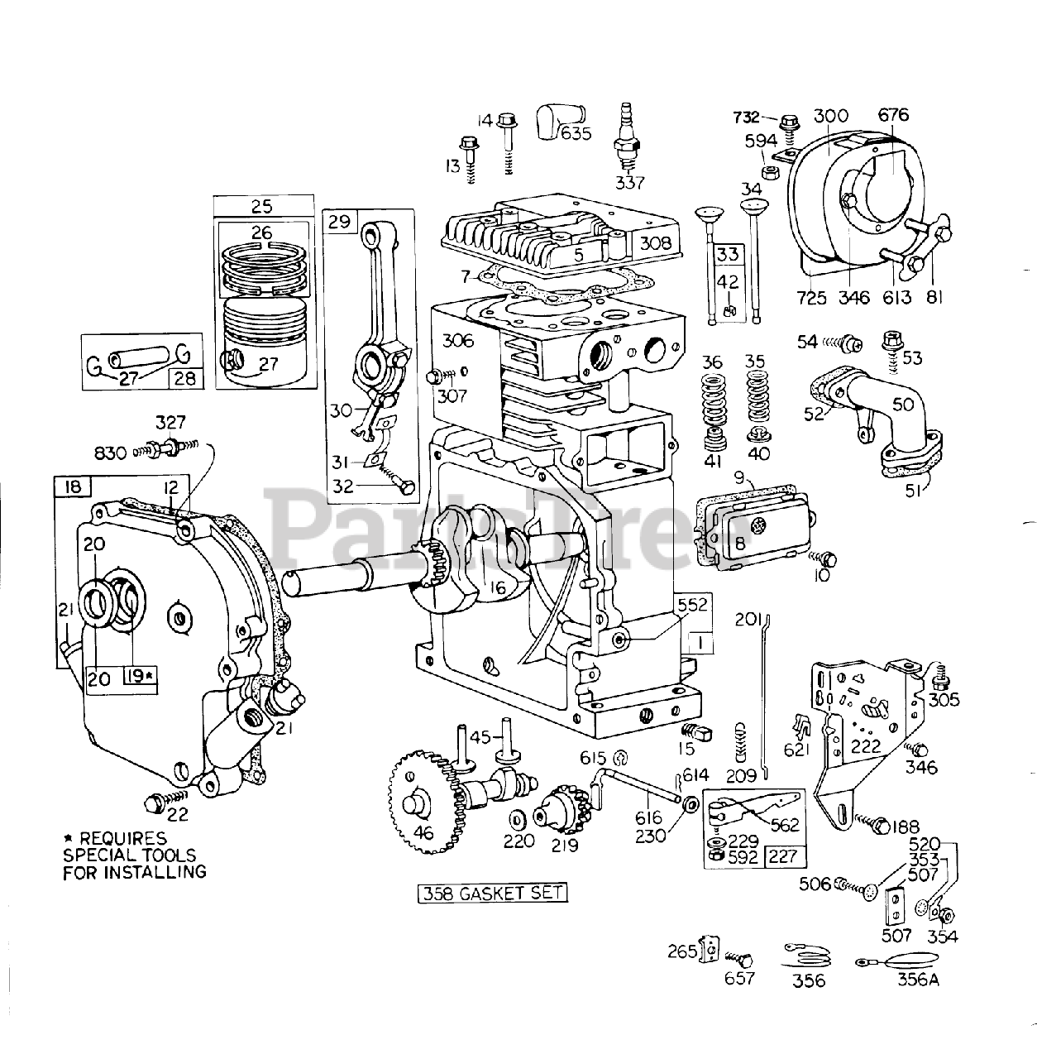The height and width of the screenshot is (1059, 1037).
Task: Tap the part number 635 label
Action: tap(576, 133)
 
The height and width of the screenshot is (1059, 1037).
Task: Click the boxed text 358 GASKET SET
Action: tap(493, 894)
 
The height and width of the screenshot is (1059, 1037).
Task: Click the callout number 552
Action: tap(691, 605)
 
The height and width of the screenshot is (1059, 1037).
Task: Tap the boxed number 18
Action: tap(74, 486)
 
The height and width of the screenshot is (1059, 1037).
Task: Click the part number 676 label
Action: tap(894, 116)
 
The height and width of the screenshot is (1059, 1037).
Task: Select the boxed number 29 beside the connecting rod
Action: tap(338, 221)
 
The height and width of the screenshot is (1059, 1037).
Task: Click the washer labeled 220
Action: tap(518, 819)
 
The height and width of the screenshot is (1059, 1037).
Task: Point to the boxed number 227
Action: tap(782, 856)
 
